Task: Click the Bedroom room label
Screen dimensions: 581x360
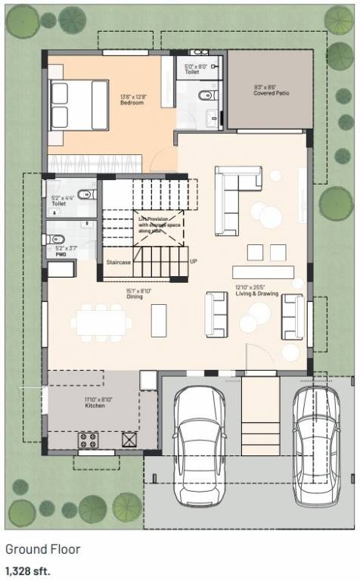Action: point(132,103)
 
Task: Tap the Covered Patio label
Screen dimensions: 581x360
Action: point(271,94)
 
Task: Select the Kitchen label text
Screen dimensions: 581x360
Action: point(95,405)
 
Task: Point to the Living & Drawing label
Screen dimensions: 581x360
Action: point(256,294)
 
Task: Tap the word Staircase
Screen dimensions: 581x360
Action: point(118,262)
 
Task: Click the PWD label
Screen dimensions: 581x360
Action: point(61,255)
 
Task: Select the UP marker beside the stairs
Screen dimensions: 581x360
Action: point(194,262)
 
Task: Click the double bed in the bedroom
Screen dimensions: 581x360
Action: point(79,104)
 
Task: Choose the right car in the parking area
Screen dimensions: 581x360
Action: point(318,446)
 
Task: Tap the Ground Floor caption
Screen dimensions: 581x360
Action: point(42,549)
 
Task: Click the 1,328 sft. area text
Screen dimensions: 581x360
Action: point(28,570)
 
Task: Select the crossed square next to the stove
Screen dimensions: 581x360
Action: point(129,439)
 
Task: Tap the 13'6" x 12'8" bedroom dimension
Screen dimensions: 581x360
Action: point(132,96)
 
